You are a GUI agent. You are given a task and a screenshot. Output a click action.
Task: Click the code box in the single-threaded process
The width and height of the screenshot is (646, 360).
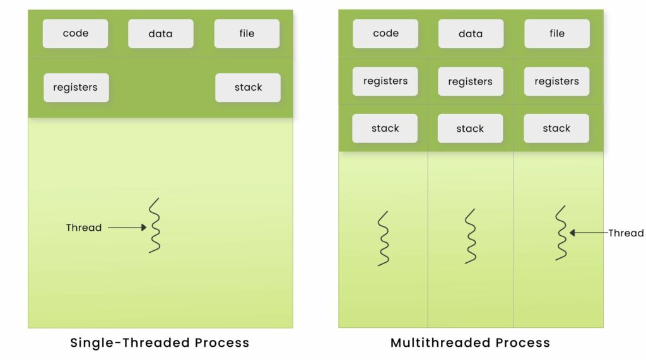coord(75,33)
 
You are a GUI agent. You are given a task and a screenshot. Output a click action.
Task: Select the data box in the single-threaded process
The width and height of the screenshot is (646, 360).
coord(160,33)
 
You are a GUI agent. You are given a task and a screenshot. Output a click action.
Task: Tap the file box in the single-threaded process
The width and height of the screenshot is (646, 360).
coord(247,33)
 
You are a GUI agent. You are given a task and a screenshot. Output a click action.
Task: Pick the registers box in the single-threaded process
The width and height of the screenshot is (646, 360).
coord(76,88)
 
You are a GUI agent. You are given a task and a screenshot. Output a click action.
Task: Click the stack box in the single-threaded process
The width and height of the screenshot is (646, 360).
coord(248,88)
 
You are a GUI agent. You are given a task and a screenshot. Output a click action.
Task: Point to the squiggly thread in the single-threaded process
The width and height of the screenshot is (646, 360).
coord(155,226)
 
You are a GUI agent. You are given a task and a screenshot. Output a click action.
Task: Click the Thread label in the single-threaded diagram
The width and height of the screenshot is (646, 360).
coord(84,228)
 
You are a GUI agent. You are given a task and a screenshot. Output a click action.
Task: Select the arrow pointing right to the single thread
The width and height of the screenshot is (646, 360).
coord(127,228)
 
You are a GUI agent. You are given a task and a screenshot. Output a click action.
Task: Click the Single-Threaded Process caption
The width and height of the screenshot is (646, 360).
coord(160,343)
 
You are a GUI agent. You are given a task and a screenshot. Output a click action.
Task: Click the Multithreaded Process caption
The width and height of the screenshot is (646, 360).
coord(470,343)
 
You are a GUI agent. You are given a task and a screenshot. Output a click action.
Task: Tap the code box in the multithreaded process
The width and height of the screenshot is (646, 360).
coord(385,33)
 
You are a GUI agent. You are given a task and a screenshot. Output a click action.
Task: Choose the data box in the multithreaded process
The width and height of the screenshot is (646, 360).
coord(471,33)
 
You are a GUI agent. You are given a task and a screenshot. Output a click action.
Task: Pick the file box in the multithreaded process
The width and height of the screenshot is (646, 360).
coord(557,33)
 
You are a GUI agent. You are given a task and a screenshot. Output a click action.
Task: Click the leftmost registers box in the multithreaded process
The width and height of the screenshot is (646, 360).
coord(385,81)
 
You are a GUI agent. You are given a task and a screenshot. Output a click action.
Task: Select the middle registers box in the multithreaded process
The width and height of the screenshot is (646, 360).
coord(471,81)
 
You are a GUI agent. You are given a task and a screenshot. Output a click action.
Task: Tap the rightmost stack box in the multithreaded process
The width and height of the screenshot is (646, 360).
coord(556,129)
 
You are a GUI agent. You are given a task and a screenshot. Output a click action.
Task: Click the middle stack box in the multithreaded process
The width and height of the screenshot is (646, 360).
coord(471,129)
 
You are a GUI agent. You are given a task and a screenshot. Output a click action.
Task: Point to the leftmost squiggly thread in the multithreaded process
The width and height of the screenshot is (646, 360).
coord(384,238)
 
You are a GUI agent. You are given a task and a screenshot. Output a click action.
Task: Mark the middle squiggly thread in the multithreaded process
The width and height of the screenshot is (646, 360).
coord(471,236)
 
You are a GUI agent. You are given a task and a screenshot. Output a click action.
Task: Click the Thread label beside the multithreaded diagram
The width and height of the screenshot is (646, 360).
coord(626,233)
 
